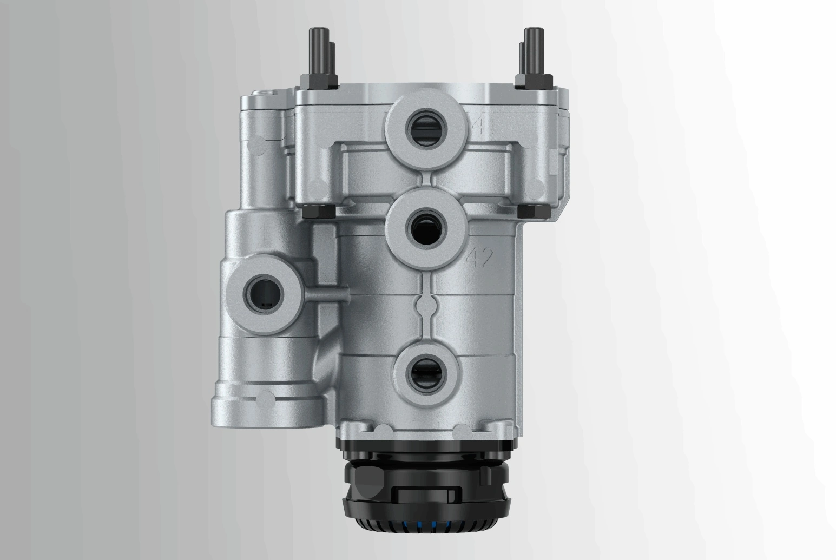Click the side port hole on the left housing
coord(265,293)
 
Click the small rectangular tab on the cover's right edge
coord(553,162)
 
